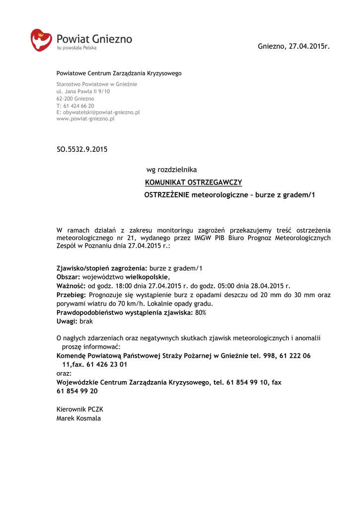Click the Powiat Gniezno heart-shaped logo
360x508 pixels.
[41, 40]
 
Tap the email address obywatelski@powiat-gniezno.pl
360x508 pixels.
[98, 112]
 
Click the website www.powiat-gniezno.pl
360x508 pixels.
[85, 119]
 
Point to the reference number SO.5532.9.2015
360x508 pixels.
[82, 149]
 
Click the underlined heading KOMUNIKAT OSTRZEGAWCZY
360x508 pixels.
[193, 183]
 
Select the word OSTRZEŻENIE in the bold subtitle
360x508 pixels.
[167, 195]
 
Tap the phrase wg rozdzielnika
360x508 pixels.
[171, 170]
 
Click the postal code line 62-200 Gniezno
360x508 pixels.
[75, 99]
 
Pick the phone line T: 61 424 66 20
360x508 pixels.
[75, 106]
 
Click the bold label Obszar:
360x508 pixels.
[69, 277]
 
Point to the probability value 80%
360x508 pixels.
[201, 313]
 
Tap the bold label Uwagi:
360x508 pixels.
[67, 321]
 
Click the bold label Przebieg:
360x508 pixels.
[72, 295]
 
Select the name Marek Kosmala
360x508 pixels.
[78, 418]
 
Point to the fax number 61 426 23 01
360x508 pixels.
[107, 364]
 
